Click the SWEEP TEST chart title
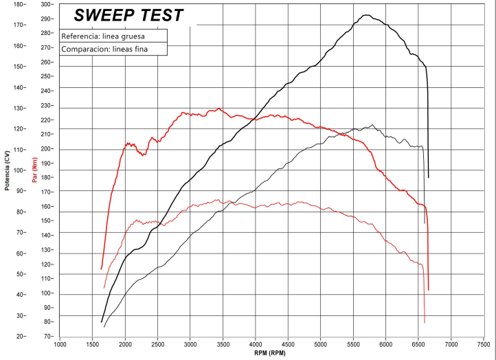(128, 14)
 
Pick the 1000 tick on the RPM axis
(60, 344)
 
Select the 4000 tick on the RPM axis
(256, 344)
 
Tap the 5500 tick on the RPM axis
(353, 344)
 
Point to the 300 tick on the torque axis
(46, 4)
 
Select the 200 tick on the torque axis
(46, 148)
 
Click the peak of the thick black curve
(366, 15)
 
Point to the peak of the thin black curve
(372, 125)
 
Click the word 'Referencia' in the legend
(77, 36)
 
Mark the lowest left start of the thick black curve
(102, 321)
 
